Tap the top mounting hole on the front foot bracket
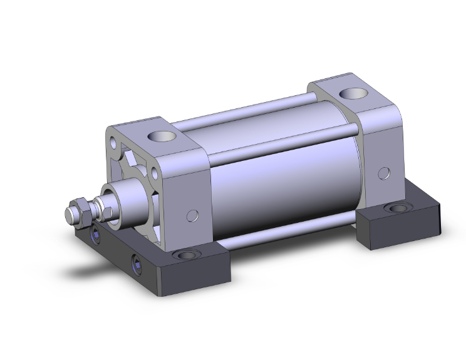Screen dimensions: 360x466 [x=185, y=255]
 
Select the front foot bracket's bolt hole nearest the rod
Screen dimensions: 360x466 [x=95, y=235]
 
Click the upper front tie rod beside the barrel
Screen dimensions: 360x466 [x=282, y=141]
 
